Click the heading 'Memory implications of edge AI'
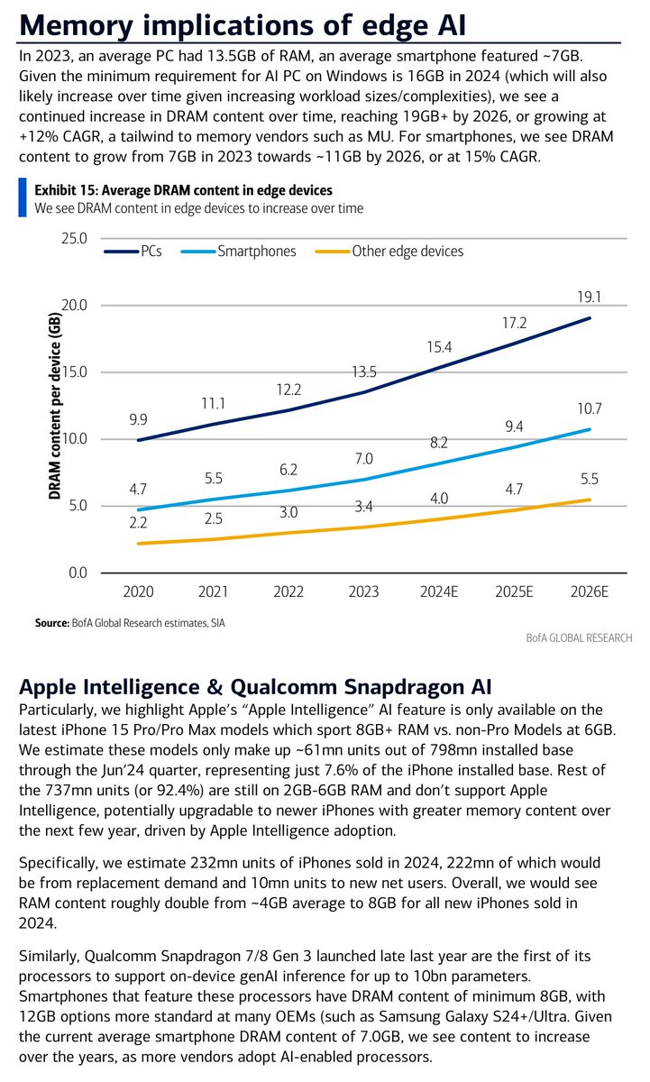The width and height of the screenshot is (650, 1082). [x=243, y=22]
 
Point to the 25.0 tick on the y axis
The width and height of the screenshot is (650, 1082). [x=73, y=239]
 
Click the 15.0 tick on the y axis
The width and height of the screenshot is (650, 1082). [x=73, y=372]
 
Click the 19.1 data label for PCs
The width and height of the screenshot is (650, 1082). [x=590, y=295]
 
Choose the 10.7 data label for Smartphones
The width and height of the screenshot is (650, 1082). [x=590, y=408]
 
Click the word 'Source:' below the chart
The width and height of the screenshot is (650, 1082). [x=51, y=623]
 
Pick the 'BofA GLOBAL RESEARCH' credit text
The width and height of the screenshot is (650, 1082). [x=565, y=637]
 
